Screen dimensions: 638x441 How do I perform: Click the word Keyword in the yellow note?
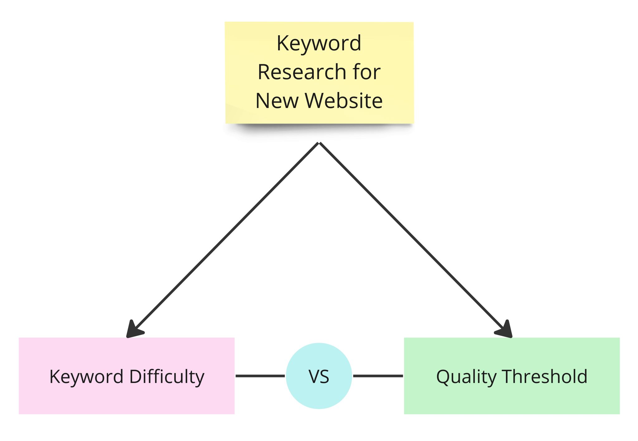pos(319,44)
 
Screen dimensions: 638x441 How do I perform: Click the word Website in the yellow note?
pos(344,101)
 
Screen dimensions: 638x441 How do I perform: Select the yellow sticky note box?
pos(319,73)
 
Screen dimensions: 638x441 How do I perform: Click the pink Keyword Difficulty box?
pos(126,376)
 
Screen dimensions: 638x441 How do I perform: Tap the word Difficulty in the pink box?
pos(167,377)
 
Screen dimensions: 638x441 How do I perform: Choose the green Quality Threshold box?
pos(512,376)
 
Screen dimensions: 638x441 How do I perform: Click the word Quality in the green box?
pos(466,377)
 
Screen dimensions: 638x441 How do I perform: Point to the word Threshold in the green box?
pos(545,376)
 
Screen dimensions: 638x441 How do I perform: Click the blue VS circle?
pos(319,376)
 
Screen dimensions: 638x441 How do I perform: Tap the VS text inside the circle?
pos(319,376)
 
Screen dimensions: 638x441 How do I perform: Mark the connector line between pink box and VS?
pos(260,376)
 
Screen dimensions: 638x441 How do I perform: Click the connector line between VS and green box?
pos(378,376)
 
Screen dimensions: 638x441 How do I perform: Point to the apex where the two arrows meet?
pos(319,143)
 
